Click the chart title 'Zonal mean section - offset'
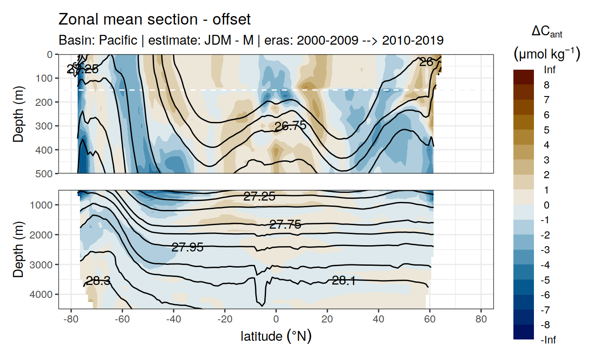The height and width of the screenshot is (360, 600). pos(154,20)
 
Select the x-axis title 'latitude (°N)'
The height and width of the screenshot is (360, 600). pos(276,336)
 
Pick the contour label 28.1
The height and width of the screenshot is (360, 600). pos(344,280)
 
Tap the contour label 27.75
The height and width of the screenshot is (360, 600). pos(285,225)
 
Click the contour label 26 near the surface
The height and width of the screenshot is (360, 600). pos(426,63)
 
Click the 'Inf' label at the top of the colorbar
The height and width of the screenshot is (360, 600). pos(550,70)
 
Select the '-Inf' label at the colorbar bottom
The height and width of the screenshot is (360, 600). pos(548,340)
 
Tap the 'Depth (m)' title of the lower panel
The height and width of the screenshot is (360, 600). pos(18,249)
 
